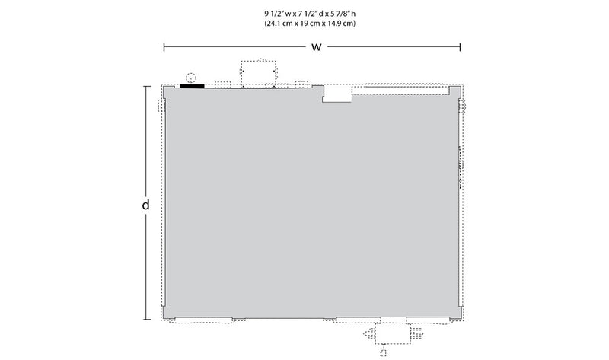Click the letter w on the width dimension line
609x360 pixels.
click(x=317, y=47)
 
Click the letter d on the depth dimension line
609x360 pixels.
click(x=145, y=204)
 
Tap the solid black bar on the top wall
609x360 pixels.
click(x=192, y=86)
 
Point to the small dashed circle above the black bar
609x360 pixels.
click(x=191, y=78)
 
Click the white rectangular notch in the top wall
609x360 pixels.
click(x=336, y=94)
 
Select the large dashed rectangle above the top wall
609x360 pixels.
click(x=259, y=73)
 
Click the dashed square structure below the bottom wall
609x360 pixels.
click(x=393, y=334)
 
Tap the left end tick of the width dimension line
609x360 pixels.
click(x=164, y=47)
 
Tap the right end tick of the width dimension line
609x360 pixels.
click(x=461, y=47)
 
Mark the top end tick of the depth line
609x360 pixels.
click(x=147, y=86)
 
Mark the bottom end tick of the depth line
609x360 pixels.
click(x=147, y=320)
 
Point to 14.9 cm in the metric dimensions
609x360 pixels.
click(x=341, y=24)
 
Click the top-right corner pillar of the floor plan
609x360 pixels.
click(x=454, y=92)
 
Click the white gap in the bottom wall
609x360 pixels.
click(x=393, y=319)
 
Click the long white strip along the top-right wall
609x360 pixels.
click(x=400, y=91)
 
